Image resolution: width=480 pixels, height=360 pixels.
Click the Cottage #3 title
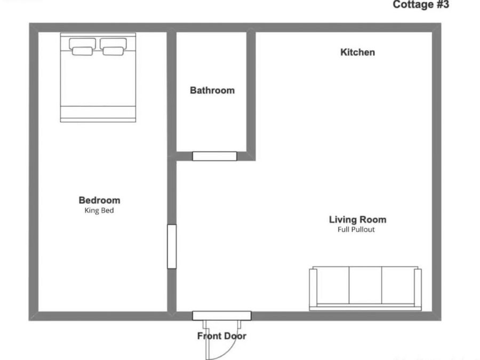click(x=421, y=5)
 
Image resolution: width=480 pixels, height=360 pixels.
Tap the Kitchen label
click(x=357, y=52)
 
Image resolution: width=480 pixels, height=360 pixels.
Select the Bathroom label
click(x=212, y=91)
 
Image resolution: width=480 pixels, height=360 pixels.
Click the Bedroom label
click(x=99, y=201)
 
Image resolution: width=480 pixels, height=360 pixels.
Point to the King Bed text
click(x=99, y=211)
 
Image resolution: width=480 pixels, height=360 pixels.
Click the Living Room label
click(x=357, y=219)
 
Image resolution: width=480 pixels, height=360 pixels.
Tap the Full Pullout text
click(x=356, y=230)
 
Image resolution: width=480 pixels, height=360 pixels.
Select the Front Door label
click(x=222, y=337)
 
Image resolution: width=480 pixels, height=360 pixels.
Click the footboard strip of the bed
click(x=98, y=114)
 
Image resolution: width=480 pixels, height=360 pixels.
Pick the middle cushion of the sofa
click(x=365, y=285)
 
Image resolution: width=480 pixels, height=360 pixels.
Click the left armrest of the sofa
click(x=313, y=288)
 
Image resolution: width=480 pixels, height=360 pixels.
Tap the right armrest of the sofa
click(x=418, y=288)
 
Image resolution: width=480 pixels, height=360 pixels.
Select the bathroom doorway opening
click(x=214, y=156)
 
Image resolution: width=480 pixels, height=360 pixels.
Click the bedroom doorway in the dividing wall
click(x=172, y=246)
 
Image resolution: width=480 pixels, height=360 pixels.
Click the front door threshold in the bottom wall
click(x=221, y=316)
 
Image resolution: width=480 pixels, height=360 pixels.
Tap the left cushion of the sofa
click(x=333, y=285)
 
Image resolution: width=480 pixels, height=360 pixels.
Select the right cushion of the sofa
click(x=397, y=285)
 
